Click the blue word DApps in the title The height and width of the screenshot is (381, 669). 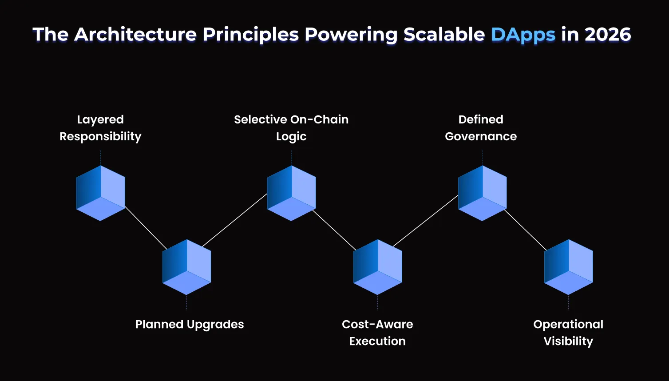pos(523,35)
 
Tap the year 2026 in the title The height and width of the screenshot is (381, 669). pos(608,35)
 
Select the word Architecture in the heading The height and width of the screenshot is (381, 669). pos(135,35)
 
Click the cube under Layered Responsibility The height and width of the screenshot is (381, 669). pos(100,193)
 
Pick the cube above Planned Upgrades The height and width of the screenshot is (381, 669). pos(186,267)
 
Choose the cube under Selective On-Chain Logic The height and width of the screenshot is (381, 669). pos(291,193)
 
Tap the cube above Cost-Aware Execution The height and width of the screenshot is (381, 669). pos(377,267)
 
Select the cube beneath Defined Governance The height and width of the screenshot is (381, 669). pos(482,193)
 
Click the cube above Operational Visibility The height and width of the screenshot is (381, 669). pos(568,267)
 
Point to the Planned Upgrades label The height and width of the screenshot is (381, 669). pos(190,325)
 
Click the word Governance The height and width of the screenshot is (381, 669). pos(481,136)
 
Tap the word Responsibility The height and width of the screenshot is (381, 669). pos(100,137)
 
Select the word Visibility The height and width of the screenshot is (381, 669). pos(568,341)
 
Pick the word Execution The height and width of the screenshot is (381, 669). pos(377,341)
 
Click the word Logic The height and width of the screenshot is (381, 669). pos(291,137)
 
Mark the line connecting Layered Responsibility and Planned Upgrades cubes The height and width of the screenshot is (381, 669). pos(146,227)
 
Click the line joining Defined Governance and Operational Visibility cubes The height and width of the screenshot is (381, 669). pos(525,230)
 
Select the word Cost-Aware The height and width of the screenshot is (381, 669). pos(377,325)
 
